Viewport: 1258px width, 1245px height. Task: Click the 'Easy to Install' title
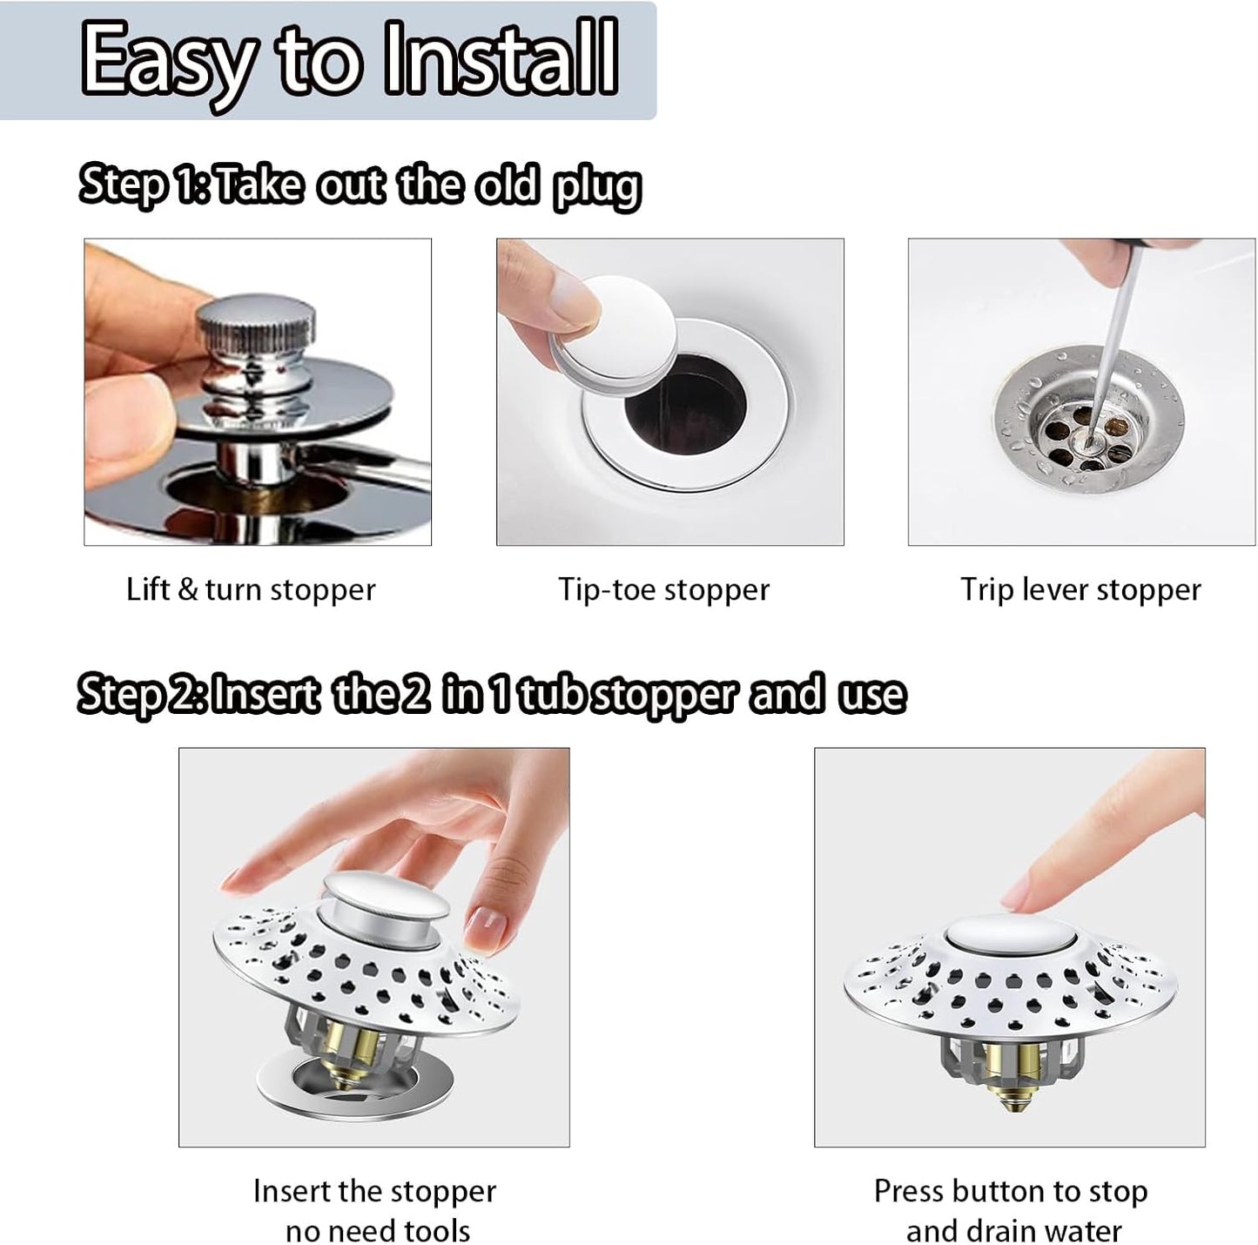[x=348, y=59]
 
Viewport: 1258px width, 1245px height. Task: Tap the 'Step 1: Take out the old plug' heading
[x=360, y=185]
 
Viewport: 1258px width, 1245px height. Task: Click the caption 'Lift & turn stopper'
[x=251, y=589]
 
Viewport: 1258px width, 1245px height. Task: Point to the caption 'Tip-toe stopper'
[x=663, y=589]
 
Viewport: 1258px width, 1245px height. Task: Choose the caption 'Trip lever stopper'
[x=1080, y=589]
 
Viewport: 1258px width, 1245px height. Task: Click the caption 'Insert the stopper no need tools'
[x=375, y=1210]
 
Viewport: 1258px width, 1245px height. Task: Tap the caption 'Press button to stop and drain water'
[x=1011, y=1210]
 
